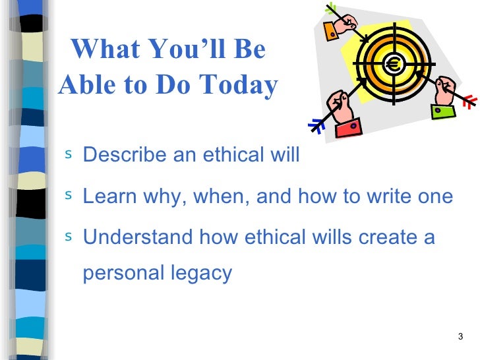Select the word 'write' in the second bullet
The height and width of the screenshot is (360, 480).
pyautogui.click(x=386, y=196)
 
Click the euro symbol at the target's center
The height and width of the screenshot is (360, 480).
pyautogui.click(x=394, y=65)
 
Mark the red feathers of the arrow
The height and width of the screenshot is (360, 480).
pyautogui.click(x=469, y=101)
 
